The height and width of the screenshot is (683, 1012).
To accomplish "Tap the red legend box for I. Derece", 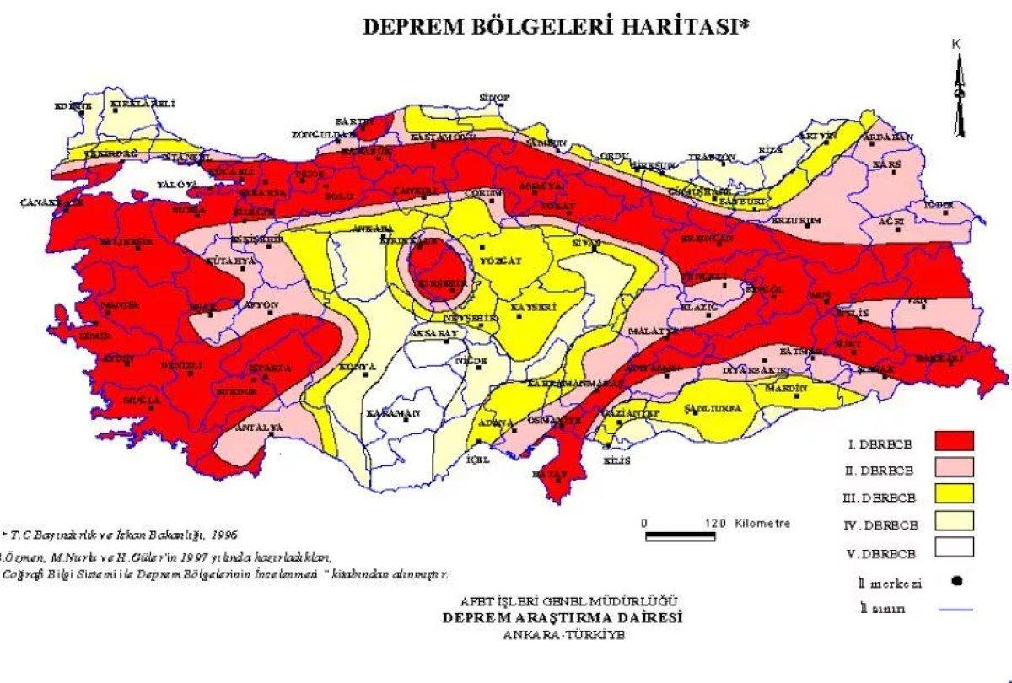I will [953, 441].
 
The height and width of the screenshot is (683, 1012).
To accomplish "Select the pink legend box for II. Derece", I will [953, 467].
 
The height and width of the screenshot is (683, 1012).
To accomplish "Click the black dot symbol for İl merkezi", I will [956, 581].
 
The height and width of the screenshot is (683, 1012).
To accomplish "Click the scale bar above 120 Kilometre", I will [679, 535].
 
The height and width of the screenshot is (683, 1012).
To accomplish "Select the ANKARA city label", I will [373, 229].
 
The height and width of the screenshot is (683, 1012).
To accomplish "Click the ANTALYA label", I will [257, 428].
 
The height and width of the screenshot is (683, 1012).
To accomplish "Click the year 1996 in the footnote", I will [224, 535].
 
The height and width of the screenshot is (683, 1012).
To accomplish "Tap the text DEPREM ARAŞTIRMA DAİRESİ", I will [563, 617].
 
